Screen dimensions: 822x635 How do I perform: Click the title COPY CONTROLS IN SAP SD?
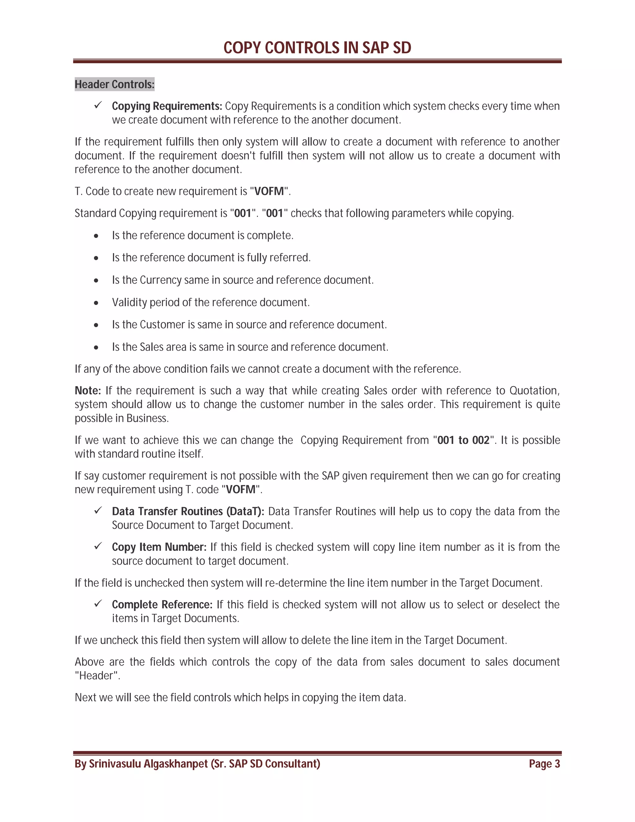click(317, 48)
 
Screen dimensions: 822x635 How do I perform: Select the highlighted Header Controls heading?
click(114, 84)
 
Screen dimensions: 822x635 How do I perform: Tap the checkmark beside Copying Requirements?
click(98, 105)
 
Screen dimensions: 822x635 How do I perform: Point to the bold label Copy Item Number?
click(159, 547)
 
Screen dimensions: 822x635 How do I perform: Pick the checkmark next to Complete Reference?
click(98, 604)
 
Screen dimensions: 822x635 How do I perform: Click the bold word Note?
click(88, 391)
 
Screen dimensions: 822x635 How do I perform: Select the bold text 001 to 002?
click(463, 440)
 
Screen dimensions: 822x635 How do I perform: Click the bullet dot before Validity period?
click(96, 303)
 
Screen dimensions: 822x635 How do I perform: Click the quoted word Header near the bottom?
click(97, 676)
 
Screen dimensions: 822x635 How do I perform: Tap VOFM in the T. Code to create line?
click(269, 191)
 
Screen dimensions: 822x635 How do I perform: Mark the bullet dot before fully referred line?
click(96, 258)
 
